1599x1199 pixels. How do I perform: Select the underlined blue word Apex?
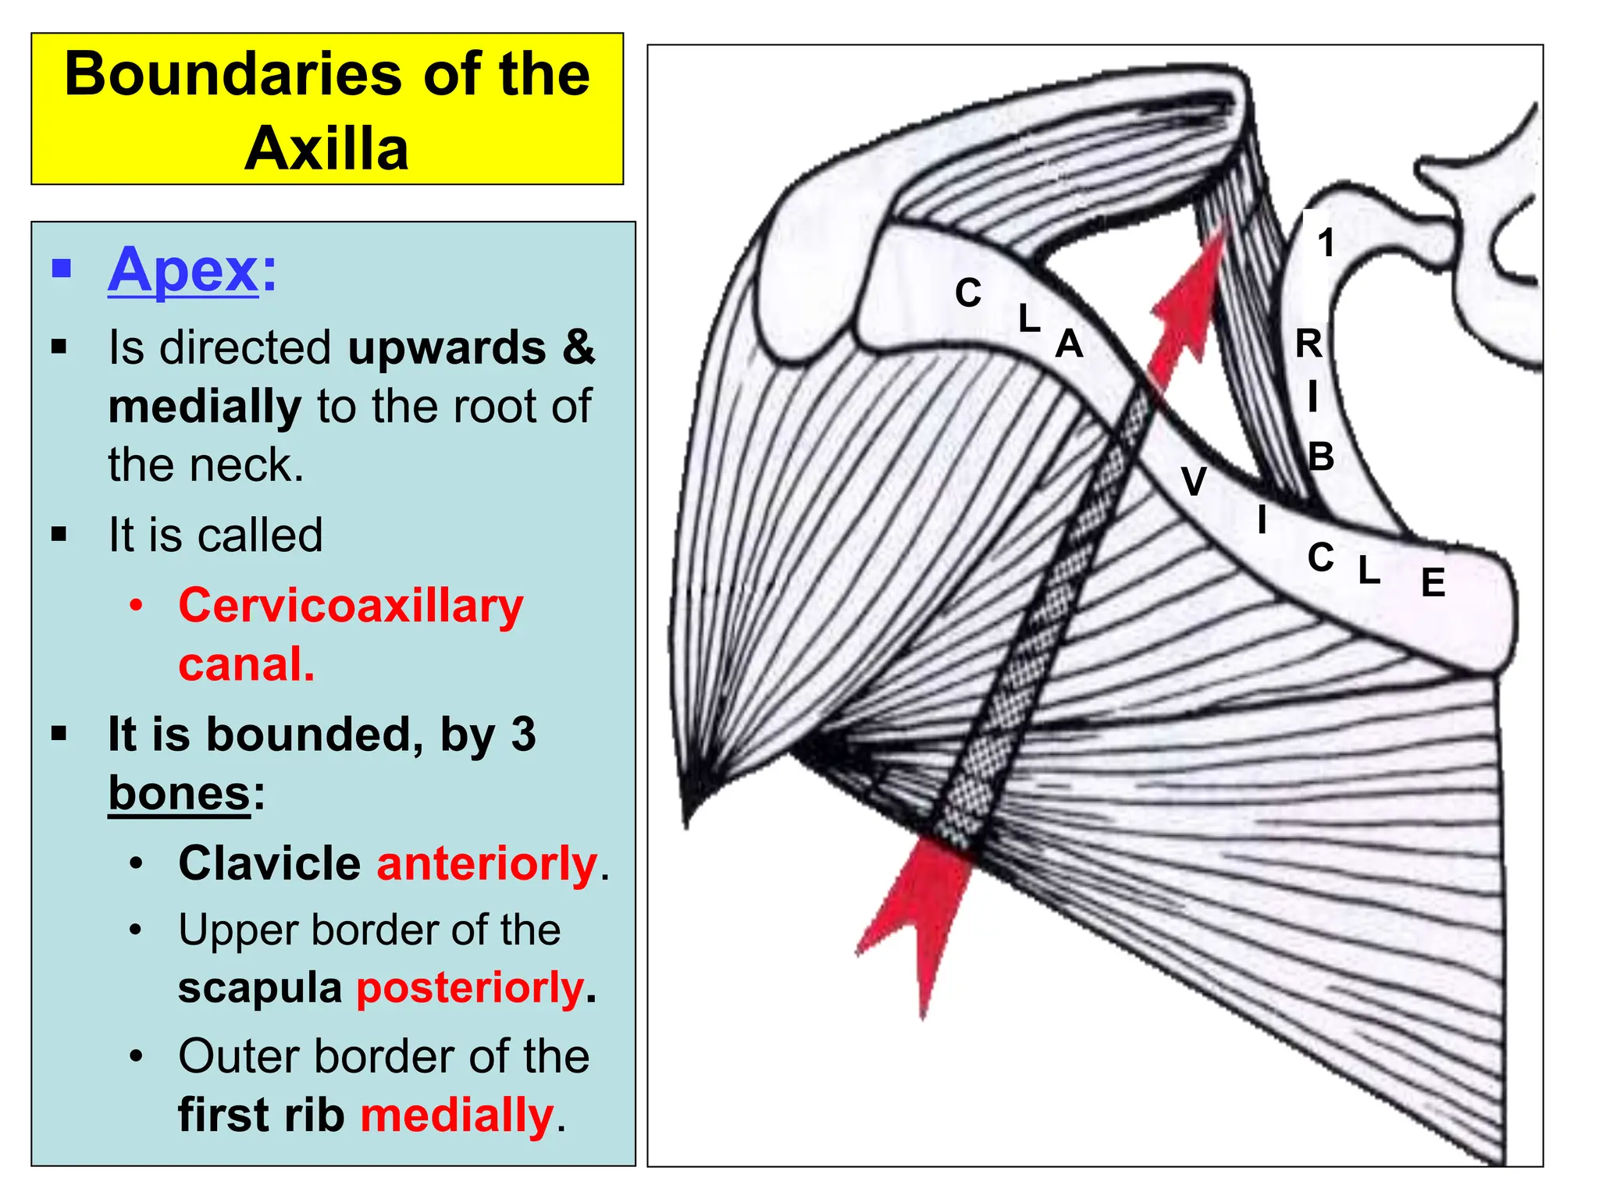tap(183, 269)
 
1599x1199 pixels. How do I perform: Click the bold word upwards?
tap(447, 347)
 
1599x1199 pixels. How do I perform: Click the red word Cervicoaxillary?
tap(351, 607)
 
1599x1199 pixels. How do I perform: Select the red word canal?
tap(246, 665)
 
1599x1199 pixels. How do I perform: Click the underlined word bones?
tap(179, 793)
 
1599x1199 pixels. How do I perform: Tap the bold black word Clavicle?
tap(269, 863)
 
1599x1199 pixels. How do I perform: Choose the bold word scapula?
tap(260, 988)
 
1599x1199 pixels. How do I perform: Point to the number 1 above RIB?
tap(1326, 243)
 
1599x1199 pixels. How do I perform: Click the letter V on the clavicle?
tap(1194, 481)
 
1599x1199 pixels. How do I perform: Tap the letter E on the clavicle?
tap(1433, 582)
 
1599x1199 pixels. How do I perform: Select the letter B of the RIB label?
tap(1321, 457)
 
